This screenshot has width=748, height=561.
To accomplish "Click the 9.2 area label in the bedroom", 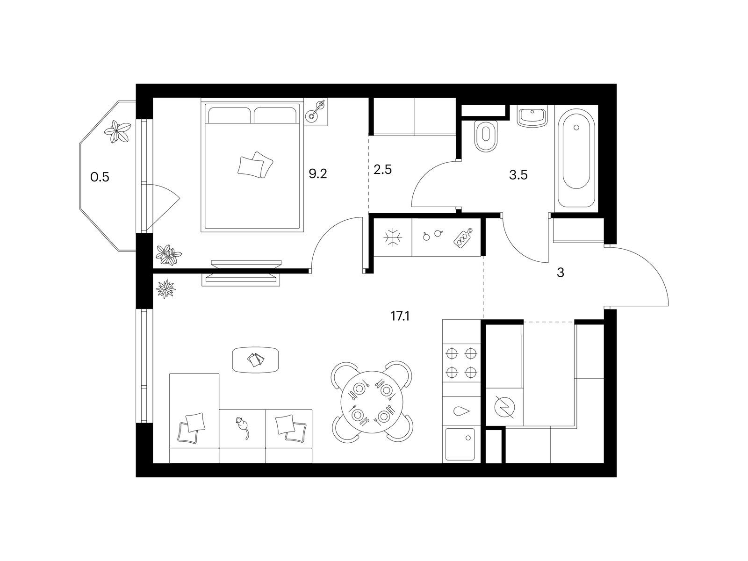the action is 317,174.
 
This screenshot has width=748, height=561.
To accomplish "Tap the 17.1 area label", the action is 400,316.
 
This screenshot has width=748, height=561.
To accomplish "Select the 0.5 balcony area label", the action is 100,177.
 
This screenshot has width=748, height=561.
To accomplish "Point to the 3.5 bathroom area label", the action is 518,175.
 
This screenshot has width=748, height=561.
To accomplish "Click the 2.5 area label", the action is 382,169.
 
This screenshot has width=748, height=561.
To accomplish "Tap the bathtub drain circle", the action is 576,127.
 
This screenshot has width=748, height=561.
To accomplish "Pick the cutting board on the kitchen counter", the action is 463,237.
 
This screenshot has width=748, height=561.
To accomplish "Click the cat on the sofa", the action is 242,428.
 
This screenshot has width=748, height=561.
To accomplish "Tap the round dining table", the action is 372,402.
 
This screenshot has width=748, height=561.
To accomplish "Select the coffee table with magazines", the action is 256,360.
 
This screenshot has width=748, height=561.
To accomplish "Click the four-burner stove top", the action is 461,363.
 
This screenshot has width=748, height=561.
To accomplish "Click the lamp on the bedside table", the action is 315,111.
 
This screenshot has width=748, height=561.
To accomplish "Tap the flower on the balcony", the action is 117,132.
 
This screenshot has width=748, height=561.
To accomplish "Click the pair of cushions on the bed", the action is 256,165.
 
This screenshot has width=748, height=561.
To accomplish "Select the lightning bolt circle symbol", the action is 504,407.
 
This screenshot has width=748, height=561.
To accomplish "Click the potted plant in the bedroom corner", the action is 168,254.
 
